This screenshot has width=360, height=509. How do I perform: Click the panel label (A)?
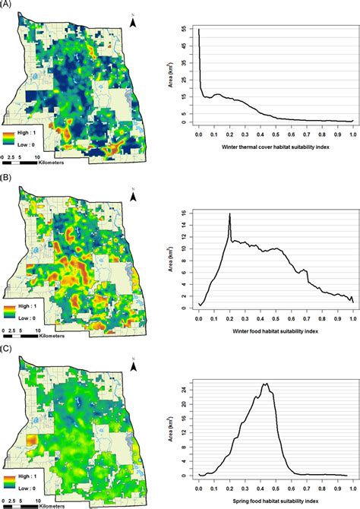click(x=7, y=5)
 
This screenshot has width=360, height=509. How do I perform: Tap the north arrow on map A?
click(x=134, y=24)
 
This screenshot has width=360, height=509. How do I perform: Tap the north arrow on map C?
click(x=134, y=366)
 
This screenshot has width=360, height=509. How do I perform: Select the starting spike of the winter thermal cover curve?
click(x=199, y=30)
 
